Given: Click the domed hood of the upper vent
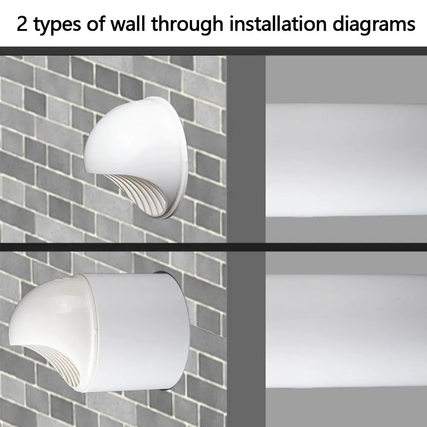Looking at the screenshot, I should [137, 137].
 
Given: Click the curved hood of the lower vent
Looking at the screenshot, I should [51, 307].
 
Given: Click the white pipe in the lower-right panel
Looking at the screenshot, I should [346, 329].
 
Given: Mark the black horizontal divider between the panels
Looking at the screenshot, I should [213, 247].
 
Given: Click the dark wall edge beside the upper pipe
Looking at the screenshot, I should [246, 149].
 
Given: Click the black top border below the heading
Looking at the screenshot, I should [213, 50].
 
